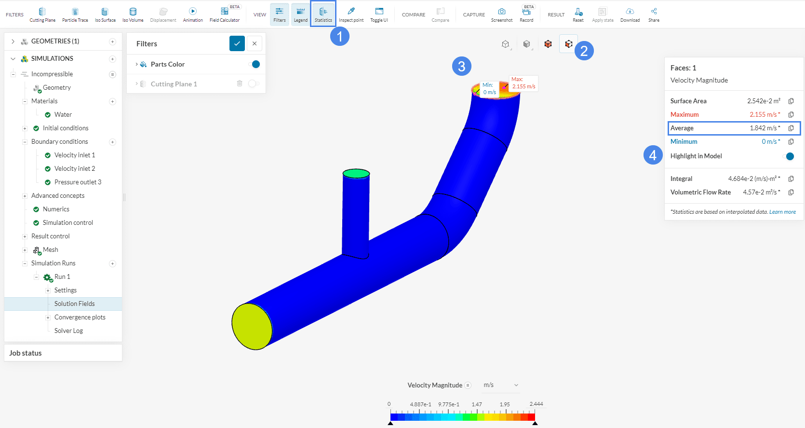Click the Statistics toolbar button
[x=323, y=14]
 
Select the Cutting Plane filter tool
[x=42, y=14]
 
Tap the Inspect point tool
[x=351, y=14]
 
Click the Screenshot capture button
[x=502, y=14]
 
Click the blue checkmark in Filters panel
[x=237, y=43]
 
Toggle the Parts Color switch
[x=254, y=64]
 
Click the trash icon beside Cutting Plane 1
[x=240, y=84]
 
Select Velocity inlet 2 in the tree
[x=74, y=168]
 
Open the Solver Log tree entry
[x=68, y=331]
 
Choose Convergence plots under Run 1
[x=80, y=317]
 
